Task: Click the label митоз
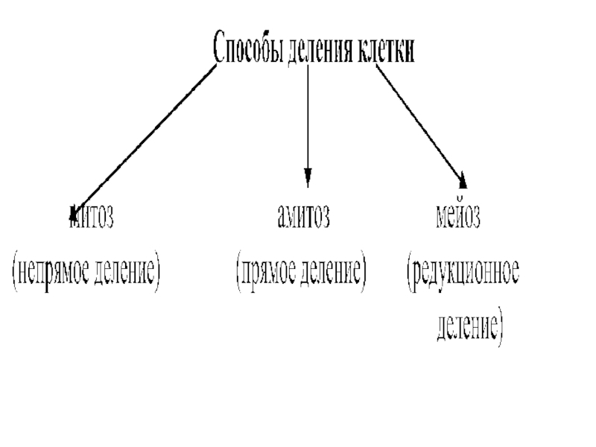pos(91,218)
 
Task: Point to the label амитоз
pos(303,218)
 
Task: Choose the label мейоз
pos(458,218)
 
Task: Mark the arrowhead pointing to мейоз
pos(463,181)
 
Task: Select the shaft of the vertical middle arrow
pos(308,119)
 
